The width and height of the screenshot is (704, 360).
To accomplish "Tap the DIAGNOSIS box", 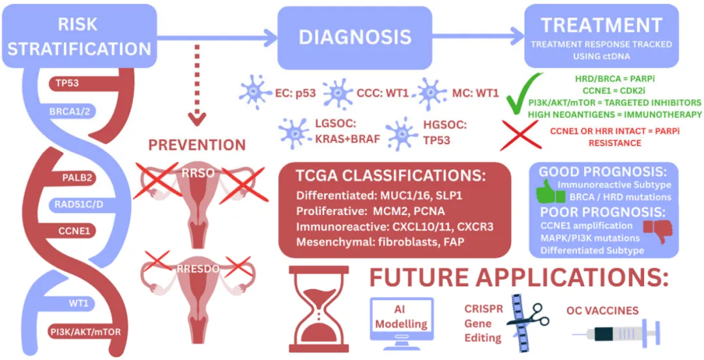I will [x=355, y=36].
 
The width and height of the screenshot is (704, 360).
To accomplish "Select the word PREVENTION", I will [x=197, y=144].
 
